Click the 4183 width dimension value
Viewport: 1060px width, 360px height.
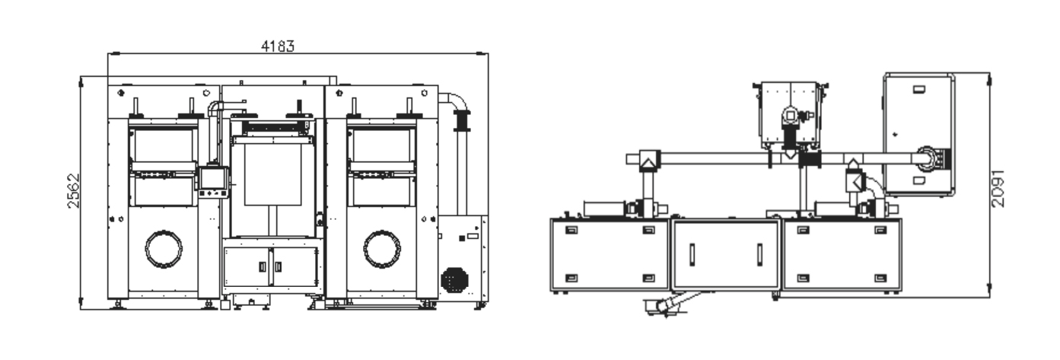pyautogui.click(x=278, y=46)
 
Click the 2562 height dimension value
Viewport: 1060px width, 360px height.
pyautogui.click(x=73, y=190)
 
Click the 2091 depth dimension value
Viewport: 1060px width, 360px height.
pyautogui.click(x=997, y=188)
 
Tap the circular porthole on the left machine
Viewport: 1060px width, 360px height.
pyautogui.click(x=164, y=249)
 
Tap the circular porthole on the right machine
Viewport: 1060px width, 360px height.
pyautogui.click(x=382, y=249)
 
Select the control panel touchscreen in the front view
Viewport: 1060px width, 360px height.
pyautogui.click(x=212, y=178)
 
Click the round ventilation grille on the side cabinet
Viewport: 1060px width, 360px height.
pyautogui.click(x=454, y=279)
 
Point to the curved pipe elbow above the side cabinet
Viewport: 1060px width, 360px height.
pyautogui.click(x=456, y=101)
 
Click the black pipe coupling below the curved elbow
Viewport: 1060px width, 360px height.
pyautogui.click(x=462, y=120)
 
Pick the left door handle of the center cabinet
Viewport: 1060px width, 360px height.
pyautogui.click(x=263, y=267)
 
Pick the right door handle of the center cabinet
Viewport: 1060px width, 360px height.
pyautogui.click(x=279, y=267)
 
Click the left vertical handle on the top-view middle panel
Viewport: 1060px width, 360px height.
pyautogui.click(x=692, y=254)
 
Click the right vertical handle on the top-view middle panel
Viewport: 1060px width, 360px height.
pyautogui.click(x=759, y=254)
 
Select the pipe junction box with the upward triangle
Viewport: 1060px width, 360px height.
pyautogui.click(x=649, y=161)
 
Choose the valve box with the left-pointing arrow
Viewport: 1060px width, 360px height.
pyautogui.click(x=855, y=182)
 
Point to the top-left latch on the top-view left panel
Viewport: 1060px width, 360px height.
pyautogui.click(x=571, y=231)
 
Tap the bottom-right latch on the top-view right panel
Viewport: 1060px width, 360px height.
pyautogui.click(x=880, y=278)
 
